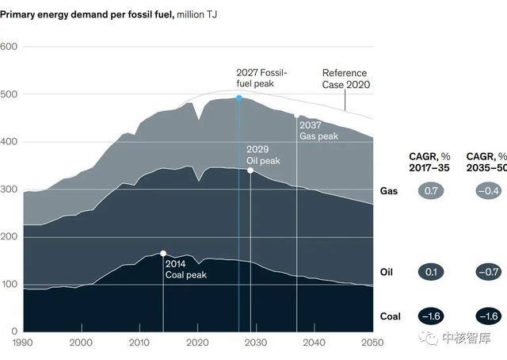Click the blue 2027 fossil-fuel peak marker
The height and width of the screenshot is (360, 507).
click(239, 98)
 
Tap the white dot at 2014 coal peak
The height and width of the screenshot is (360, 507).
click(163, 254)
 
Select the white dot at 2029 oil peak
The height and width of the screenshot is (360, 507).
click(250, 170)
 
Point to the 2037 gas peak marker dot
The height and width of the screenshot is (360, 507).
click(297, 115)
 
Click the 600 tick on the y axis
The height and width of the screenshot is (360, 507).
click(9, 47)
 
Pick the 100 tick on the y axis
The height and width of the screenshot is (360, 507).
click(9, 285)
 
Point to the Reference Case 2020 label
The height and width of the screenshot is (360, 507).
click(346, 79)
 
